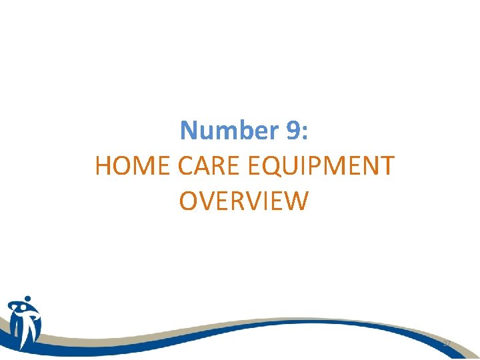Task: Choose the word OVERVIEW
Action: pyautogui.click(x=244, y=201)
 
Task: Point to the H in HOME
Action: pyautogui.click(x=105, y=166)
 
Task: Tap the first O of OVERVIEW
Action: pyautogui.click(x=190, y=201)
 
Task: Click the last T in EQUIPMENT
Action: pyautogui.click(x=387, y=166)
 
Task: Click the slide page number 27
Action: pyautogui.click(x=446, y=342)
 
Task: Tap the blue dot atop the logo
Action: pyautogui.click(x=27, y=299)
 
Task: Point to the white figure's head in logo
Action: pyautogui.click(x=17, y=308)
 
